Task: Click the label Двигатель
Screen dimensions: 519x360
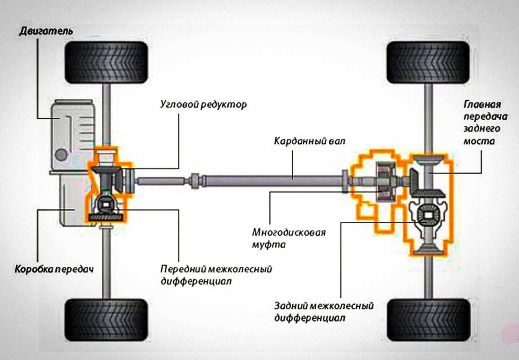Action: [x=46, y=31]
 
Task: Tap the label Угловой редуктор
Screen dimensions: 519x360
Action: [x=203, y=105]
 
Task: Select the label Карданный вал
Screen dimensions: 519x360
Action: [x=310, y=141]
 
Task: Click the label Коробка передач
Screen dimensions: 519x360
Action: [x=54, y=269]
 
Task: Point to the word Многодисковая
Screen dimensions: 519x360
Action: [x=289, y=233]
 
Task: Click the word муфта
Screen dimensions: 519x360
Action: [x=269, y=245]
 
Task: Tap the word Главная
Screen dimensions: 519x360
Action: [x=482, y=105]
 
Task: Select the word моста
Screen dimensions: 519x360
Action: [x=479, y=141]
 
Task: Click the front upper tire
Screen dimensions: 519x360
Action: [x=106, y=63]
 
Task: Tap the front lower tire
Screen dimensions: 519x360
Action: [x=106, y=320]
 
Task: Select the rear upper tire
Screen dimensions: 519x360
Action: [x=428, y=63]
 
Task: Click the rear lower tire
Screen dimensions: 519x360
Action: [x=429, y=320]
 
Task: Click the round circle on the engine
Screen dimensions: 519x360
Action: [x=61, y=155]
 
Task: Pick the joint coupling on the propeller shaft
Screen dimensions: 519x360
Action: [x=194, y=181]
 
